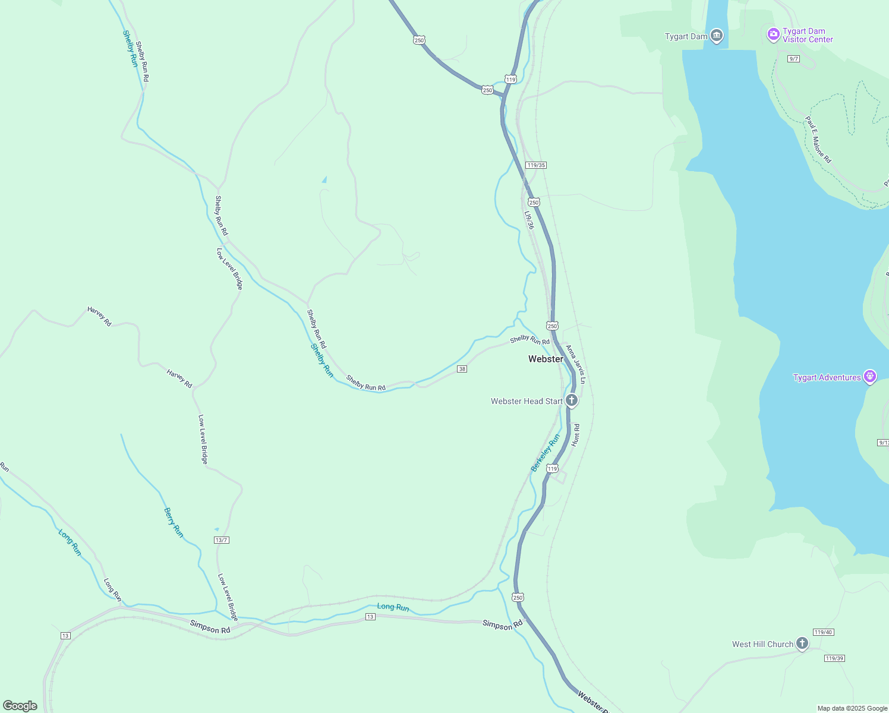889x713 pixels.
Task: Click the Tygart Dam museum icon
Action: coord(717,36)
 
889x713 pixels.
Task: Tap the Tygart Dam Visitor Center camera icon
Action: coord(773,34)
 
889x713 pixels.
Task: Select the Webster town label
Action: coord(546,359)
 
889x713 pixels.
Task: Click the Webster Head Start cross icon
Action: coord(571,400)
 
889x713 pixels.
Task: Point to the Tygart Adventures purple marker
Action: coord(870,377)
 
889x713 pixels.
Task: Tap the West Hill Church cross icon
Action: coord(802,643)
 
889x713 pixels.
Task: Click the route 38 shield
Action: coord(462,369)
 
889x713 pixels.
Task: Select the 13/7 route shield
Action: coord(221,540)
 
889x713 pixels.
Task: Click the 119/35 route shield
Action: coord(535,165)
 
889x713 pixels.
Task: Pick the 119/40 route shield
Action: coord(823,632)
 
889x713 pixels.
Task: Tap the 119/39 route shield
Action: coord(834,658)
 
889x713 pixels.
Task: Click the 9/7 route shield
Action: coord(793,59)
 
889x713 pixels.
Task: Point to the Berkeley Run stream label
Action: coord(546,453)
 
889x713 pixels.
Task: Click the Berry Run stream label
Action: coord(174,523)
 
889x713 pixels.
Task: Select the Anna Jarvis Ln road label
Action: coord(576,364)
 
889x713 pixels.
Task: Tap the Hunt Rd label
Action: coord(575,436)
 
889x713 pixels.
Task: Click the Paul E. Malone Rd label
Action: coord(818,140)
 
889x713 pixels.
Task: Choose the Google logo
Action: coord(20,706)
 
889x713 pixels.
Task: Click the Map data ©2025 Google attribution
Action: coord(852,708)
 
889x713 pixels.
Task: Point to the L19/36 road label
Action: coord(529,220)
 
